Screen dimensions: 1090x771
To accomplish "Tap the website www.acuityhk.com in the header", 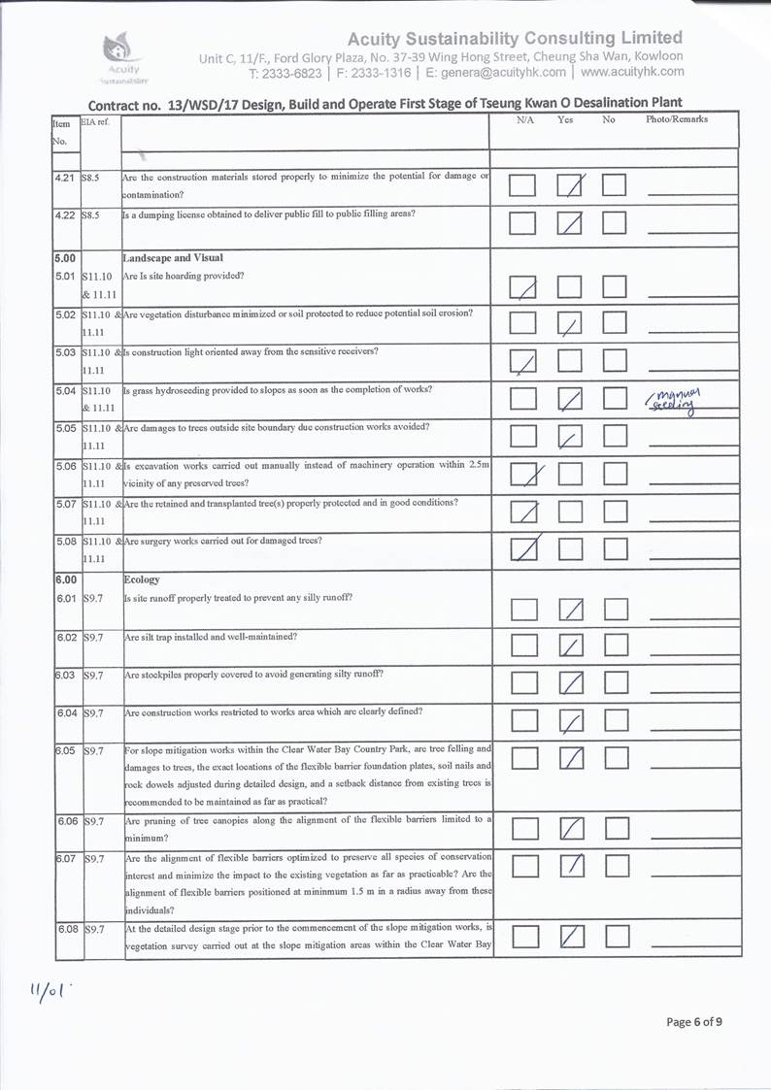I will coord(632,72).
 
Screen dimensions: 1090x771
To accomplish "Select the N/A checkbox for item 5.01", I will coord(522,287).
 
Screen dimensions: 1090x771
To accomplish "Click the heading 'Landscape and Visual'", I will coord(173,258).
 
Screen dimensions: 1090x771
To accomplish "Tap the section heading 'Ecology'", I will coord(142,579).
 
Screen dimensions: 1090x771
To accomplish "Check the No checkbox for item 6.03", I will coord(616,683).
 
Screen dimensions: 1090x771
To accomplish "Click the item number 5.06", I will coord(66,466).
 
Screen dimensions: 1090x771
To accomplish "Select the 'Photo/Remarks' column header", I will coord(677,119).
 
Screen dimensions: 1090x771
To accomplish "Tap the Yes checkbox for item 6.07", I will coord(573,865).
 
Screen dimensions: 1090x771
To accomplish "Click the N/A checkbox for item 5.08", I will coord(523,549).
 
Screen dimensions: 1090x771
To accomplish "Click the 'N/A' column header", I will coord(525,119).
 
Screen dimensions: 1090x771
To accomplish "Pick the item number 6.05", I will coord(66,750).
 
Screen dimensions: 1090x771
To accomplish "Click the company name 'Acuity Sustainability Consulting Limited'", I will coord(515,38).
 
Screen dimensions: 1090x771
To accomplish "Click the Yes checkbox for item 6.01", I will coord(571,610).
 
